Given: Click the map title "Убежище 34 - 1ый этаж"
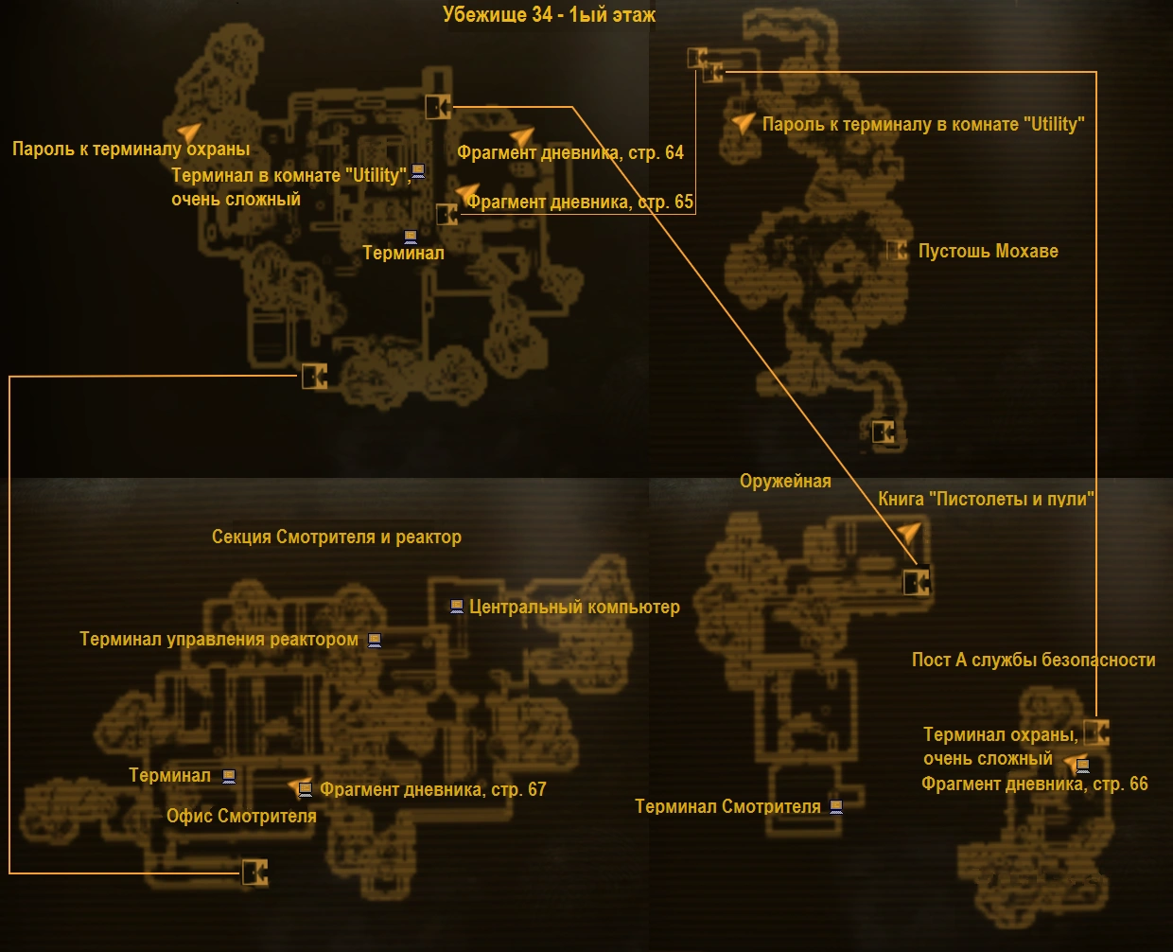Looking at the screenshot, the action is point(549,15).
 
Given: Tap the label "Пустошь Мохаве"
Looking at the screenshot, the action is point(988,252).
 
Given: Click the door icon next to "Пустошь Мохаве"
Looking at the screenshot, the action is point(896,251).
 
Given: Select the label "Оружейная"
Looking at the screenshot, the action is point(785,482).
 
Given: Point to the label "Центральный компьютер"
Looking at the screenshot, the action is point(574,608).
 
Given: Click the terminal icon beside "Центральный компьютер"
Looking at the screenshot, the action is point(456,607).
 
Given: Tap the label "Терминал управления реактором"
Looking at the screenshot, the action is point(219,640).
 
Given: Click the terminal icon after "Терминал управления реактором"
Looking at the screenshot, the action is point(375,641).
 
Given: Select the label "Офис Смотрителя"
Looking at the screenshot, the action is point(241,817).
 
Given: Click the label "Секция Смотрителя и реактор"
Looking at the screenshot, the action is point(337,538).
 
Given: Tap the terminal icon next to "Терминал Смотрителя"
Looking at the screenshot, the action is point(835,807).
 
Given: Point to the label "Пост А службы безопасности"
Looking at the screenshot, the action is point(1033,661).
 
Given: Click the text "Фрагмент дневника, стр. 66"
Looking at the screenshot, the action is point(1035,785).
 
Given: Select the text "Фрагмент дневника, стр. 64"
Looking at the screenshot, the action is point(570,153).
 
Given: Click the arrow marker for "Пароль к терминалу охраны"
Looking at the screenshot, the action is point(189,132).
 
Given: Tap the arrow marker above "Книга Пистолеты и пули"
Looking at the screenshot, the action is point(908,533).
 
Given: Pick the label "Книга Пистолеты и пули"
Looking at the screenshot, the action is point(986,500).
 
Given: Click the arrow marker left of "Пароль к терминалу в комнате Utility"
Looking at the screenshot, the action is point(744,123).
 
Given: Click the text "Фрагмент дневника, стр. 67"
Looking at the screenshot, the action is point(433,790).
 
